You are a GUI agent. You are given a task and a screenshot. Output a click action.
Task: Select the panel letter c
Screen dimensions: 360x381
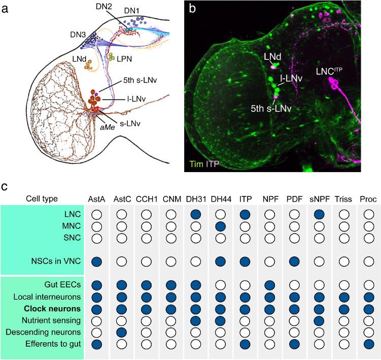coord(5,187)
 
